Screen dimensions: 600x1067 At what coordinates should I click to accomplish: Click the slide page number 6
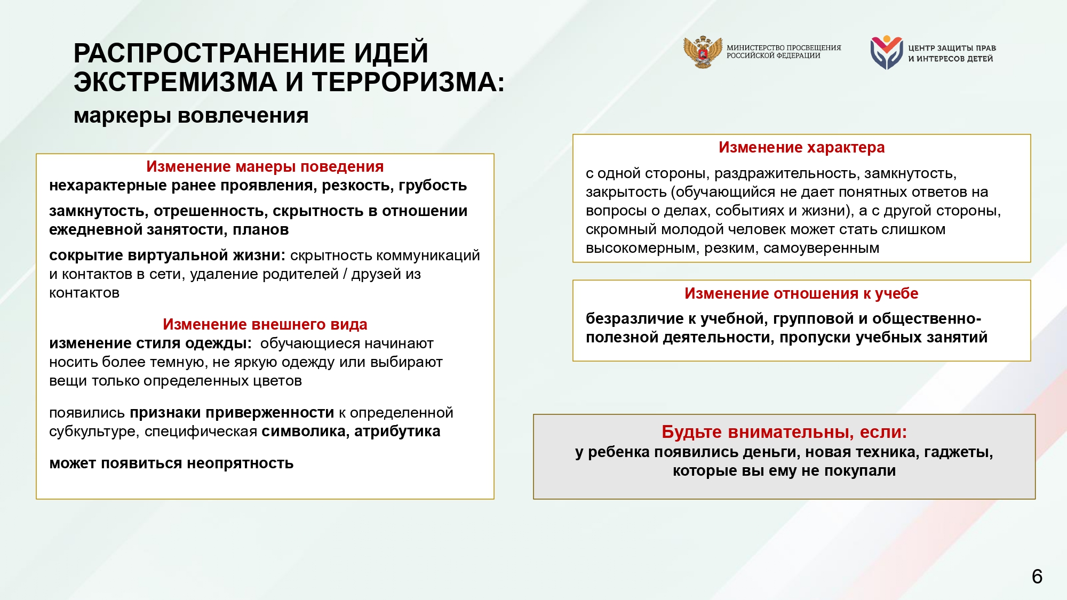click(1037, 577)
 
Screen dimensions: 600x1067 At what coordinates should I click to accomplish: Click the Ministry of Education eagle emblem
click(703, 52)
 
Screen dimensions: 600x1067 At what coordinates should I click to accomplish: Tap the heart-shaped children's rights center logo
click(886, 52)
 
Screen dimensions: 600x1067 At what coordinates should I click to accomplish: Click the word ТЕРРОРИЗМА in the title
click(408, 83)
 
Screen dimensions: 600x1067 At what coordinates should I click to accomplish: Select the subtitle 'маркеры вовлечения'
click(191, 116)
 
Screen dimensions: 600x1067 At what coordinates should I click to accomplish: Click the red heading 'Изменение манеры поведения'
click(265, 166)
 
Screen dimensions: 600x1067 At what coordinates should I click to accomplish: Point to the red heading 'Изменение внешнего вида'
click(265, 324)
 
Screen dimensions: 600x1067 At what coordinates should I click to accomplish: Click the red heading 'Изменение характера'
click(801, 147)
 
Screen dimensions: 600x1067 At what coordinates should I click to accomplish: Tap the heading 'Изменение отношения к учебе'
click(801, 293)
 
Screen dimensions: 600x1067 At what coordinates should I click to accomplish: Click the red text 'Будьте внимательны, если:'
click(784, 431)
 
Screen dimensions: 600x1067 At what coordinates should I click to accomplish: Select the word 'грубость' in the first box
click(433, 186)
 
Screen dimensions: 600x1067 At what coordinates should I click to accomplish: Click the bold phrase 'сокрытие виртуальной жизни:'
click(167, 255)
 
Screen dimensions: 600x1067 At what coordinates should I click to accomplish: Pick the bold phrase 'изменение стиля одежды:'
click(150, 343)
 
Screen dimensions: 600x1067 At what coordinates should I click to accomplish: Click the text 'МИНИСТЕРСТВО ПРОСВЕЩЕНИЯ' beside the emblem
click(783, 47)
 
